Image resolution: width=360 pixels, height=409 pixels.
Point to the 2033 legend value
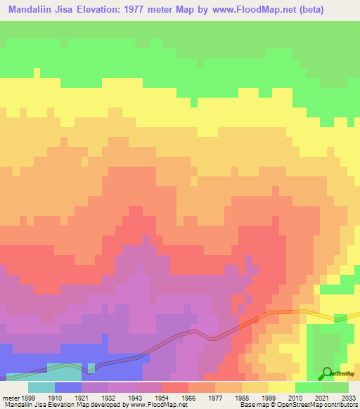point(349,397)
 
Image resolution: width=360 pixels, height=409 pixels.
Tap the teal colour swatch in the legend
point(41,387)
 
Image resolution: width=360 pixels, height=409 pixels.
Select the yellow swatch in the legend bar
point(281,387)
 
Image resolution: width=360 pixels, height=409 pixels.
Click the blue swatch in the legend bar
point(67,387)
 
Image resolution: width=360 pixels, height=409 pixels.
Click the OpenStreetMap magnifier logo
point(326,372)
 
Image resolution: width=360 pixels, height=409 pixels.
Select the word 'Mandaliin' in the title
point(31,10)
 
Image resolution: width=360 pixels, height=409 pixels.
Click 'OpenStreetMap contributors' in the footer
point(317,405)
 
